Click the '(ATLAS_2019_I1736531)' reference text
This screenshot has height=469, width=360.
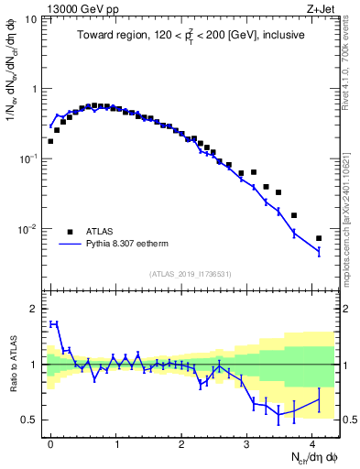(x=189, y=273)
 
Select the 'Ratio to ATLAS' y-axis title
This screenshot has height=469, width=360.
(x=12, y=366)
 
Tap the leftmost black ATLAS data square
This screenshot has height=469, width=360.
(x=51, y=141)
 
